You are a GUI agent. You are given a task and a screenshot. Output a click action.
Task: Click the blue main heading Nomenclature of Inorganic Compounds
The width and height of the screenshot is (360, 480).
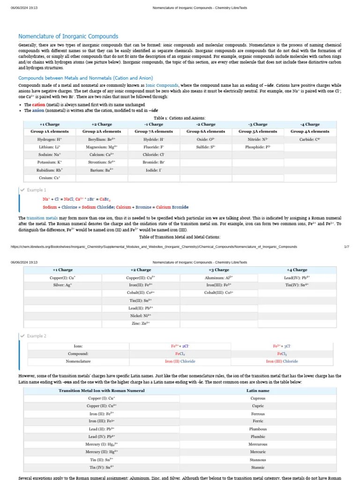tap(68, 36)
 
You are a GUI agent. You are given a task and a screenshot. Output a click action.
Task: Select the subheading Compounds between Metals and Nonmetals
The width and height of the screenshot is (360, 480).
tap(85, 78)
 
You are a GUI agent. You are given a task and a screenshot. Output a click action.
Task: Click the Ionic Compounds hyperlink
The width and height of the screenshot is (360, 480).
tap(162, 85)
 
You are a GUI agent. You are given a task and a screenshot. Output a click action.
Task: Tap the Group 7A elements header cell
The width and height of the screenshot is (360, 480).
tap(154, 132)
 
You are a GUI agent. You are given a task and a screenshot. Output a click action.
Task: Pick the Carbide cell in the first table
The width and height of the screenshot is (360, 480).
tap(310, 139)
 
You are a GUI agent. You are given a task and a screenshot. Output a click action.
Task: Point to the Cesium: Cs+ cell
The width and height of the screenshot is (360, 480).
tap(50, 178)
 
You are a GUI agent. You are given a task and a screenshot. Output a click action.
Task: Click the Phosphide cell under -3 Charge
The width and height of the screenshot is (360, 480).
tap(258, 147)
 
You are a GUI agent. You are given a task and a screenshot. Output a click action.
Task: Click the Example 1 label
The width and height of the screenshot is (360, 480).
tap(37, 190)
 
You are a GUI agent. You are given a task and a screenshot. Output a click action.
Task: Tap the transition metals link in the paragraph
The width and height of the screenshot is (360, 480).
tap(42, 218)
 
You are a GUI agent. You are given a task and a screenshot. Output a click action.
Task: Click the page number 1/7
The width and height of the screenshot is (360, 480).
tap(346, 247)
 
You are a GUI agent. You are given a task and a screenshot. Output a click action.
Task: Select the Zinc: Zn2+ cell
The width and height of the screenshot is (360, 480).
tap(141, 323)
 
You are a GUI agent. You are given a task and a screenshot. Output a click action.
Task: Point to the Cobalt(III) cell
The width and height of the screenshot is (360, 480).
tap(218, 292)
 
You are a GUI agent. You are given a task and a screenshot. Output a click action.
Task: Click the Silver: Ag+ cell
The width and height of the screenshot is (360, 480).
tap(63, 285)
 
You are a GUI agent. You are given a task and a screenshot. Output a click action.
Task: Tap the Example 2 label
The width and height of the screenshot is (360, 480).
tap(37, 336)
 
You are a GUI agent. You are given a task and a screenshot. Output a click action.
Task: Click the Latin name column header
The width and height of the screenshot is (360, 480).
tap(258, 390)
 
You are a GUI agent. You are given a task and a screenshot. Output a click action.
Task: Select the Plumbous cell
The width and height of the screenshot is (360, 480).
tap(258, 429)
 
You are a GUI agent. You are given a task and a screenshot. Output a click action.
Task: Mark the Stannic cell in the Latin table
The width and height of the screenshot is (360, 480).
tap(258, 467)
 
